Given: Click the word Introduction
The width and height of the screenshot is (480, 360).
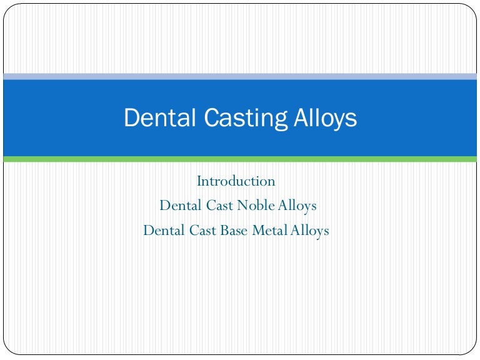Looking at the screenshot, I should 236,181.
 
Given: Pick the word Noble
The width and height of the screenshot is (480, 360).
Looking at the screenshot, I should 254,206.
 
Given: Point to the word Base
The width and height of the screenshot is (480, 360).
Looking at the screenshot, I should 234,231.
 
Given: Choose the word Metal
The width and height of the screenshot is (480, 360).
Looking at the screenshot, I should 270,231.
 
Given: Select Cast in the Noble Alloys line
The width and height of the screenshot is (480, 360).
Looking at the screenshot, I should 219,206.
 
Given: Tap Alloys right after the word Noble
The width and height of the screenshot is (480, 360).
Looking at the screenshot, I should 294,206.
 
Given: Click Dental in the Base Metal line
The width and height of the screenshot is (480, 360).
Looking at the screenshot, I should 164,231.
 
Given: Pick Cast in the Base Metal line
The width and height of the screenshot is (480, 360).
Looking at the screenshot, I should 202,231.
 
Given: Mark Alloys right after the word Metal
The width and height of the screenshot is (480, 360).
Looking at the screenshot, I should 309,231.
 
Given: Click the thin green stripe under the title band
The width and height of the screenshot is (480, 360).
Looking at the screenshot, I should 240,159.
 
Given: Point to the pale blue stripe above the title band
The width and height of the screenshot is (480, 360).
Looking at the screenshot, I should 240,76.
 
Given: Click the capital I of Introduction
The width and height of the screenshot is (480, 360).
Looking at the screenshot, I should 199,181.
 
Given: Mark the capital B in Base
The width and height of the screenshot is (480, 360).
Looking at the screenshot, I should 223,231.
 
